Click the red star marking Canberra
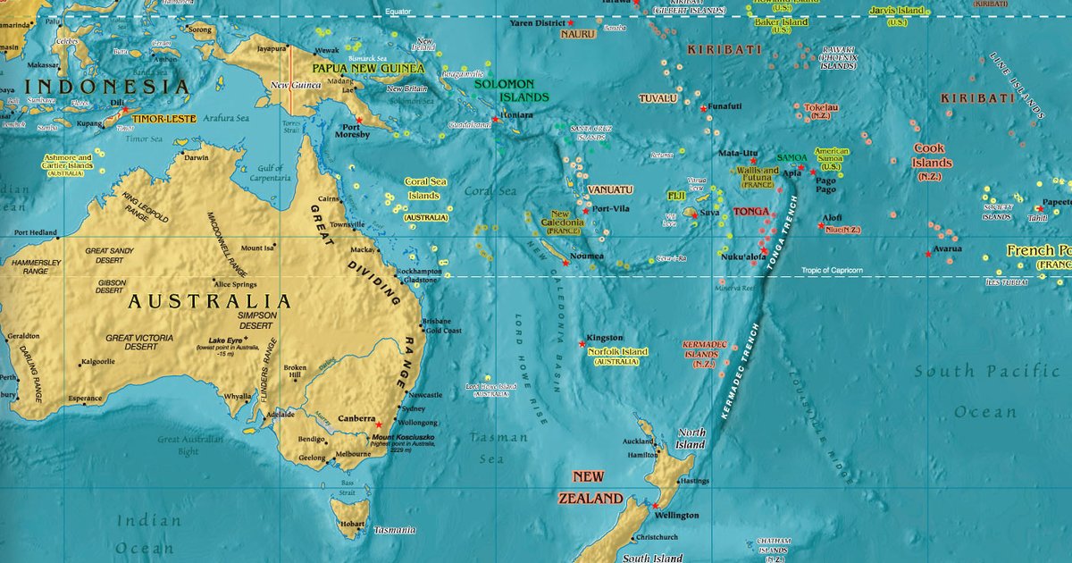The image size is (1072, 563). [x=378, y=424]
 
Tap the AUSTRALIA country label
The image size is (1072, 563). [x=210, y=301]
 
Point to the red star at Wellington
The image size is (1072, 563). [x=655, y=506]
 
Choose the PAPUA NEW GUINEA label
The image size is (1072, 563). [x=367, y=68]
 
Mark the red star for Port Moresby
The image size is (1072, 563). [x=359, y=120]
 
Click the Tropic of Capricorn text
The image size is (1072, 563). [x=832, y=270]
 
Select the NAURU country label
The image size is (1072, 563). [x=578, y=34]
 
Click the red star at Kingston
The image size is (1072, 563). [x=582, y=343]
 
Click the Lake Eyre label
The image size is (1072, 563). [x=225, y=340]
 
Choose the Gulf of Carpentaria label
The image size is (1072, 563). [x=269, y=173]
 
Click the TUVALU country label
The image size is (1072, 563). [x=657, y=98]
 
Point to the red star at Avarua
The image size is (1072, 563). [x=928, y=255]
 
